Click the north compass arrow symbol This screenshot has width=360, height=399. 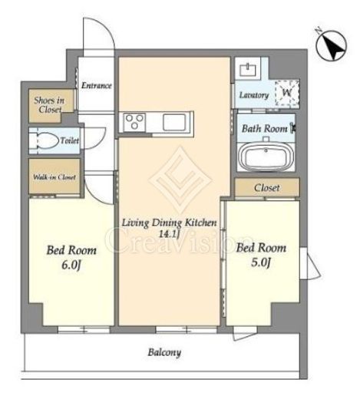[x=331, y=45]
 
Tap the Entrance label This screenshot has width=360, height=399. [x=97, y=85]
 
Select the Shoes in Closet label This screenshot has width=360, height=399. [x=49, y=105]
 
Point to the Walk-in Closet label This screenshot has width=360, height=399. [x=54, y=177]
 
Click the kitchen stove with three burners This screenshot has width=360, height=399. [x=134, y=122]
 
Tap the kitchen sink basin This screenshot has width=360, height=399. [x=174, y=122]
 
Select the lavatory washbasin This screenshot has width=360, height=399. [x=248, y=70]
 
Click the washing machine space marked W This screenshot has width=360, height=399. [x=287, y=93]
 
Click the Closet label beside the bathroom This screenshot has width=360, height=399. [x=267, y=188]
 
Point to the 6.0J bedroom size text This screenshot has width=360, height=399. [x=71, y=265]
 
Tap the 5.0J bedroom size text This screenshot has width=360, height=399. [x=261, y=262]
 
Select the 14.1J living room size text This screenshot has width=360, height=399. [x=169, y=234]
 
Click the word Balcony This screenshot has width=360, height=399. [x=164, y=352]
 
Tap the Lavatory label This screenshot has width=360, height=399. [x=254, y=95]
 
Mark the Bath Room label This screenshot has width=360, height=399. [x=265, y=128]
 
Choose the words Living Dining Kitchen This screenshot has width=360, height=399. [x=169, y=223]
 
